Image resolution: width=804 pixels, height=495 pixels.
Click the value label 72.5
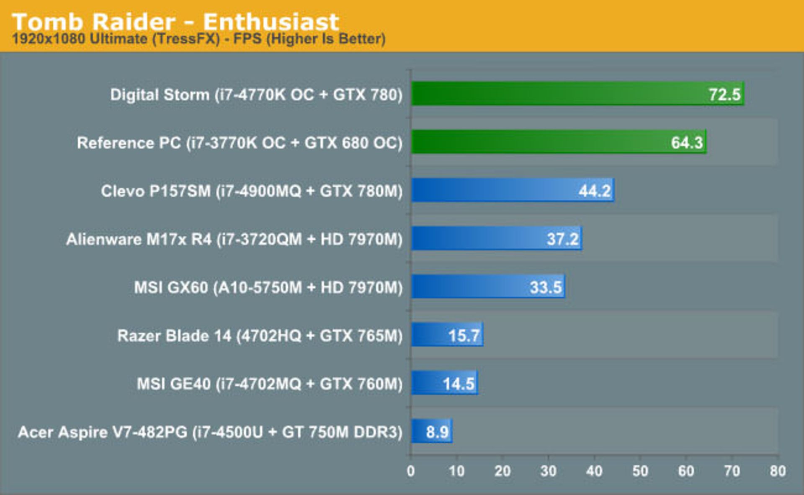[724, 95]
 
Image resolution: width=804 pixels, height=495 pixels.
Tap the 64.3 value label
[687, 143]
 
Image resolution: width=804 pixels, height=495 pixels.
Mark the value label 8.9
[437, 432]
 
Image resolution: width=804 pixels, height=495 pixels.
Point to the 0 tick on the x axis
[411, 471]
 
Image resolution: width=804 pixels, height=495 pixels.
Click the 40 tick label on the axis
[594, 471]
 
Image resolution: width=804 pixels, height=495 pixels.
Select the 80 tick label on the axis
[778, 471]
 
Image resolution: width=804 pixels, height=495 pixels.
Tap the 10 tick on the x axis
[456, 471]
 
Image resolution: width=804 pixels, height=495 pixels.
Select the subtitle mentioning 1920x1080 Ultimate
[198, 39]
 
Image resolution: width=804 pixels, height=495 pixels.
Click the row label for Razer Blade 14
[260, 335]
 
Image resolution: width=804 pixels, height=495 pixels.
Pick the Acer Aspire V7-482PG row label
[210, 432]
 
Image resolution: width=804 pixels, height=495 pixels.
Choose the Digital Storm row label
[256, 95]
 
